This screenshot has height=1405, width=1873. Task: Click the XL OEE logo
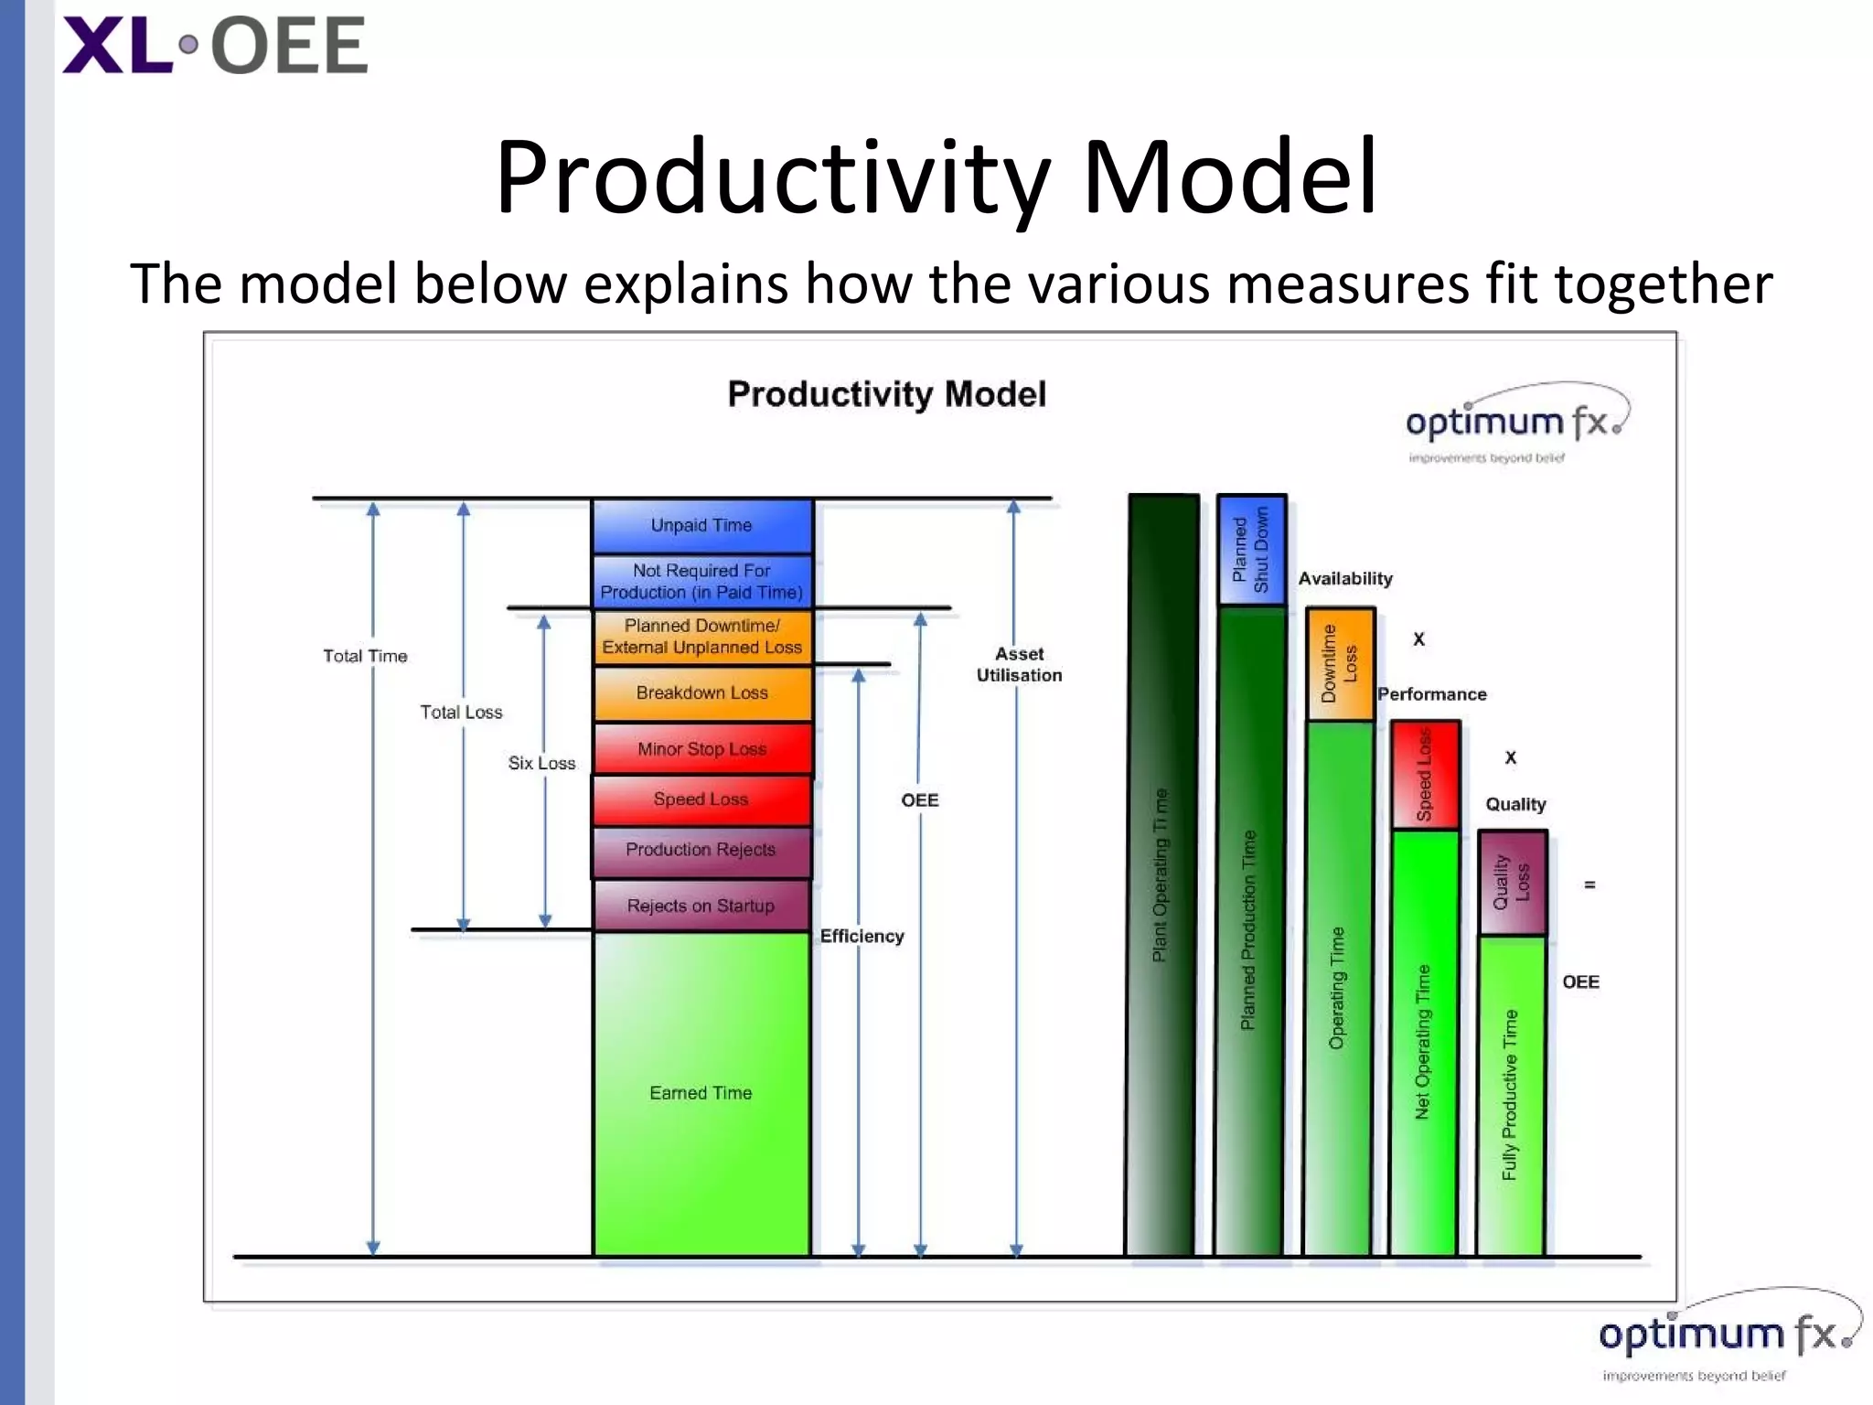click(215, 46)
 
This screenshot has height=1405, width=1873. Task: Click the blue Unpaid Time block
click(701, 526)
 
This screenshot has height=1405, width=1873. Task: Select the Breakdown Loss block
click(701, 693)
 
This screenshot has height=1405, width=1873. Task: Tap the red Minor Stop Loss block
click(701, 749)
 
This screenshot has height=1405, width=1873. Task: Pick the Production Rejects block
click(701, 850)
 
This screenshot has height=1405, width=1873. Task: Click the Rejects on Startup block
click(701, 906)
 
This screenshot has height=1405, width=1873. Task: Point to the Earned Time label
click(701, 1093)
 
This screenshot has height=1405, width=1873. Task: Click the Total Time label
click(365, 656)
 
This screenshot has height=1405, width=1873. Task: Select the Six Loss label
click(541, 763)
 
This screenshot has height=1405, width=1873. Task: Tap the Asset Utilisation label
click(1019, 665)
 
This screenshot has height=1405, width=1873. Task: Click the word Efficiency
click(862, 936)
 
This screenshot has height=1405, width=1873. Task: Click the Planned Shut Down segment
click(1251, 550)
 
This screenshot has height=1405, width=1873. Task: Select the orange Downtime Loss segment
click(1340, 664)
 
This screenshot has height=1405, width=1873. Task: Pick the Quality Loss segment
click(1512, 883)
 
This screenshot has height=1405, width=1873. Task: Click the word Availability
click(1345, 579)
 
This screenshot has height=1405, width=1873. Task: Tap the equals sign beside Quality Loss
click(1589, 885)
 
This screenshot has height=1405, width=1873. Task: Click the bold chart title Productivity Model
click(886, 394)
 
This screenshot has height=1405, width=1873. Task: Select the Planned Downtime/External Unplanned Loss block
click(701, 637)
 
